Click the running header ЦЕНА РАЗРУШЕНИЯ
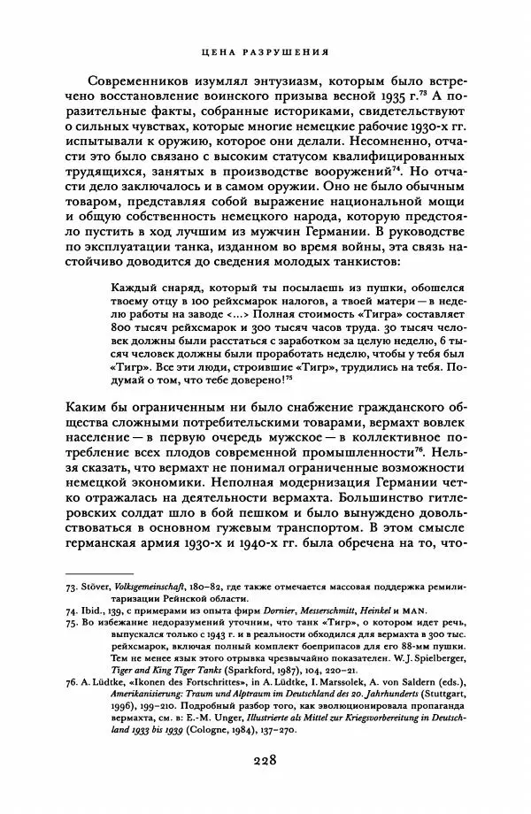pyautogui.click(x=265, y=50)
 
